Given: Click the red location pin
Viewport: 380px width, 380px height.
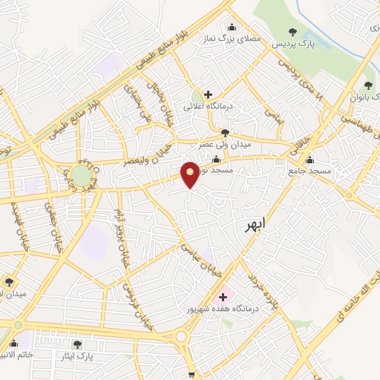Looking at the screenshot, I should tap(190, 174).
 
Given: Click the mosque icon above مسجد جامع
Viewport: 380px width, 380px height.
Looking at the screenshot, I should tap(309, 160).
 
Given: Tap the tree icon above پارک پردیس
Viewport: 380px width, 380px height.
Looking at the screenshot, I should tap(293, 32).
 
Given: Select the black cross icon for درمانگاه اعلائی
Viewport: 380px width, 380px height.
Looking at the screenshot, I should tap(208, 94).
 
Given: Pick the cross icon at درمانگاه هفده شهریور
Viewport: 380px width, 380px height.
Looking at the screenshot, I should tap(223, 297).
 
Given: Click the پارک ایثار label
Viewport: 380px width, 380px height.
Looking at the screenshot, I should tap(77, 356).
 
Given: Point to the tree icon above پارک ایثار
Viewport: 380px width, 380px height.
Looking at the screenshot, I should tap(77, 344).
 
